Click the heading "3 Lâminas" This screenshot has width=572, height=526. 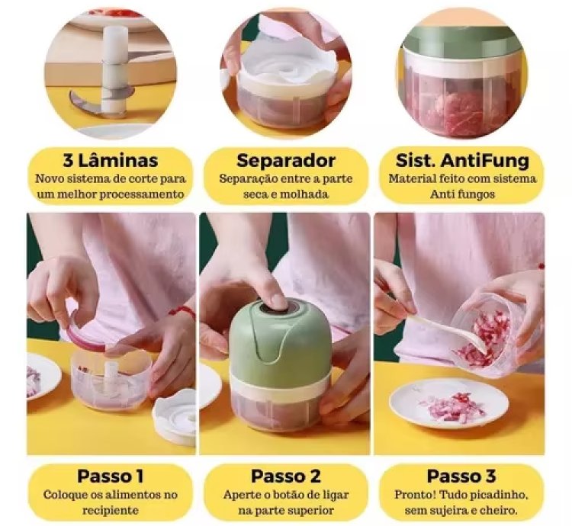tap(110, 161)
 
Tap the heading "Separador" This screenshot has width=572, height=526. tap(286, 161)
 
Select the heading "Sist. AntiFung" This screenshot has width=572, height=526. tap(462, 161)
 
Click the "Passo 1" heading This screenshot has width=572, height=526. tap(110, 476)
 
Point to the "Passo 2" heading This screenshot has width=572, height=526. tap(286, 476)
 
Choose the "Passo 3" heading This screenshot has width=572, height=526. tap(461, 476)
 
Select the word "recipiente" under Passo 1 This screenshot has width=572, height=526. tap(110, 510)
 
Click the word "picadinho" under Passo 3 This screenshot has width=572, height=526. tap(501, 495)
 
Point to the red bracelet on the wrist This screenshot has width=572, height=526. tap(182, 311)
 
